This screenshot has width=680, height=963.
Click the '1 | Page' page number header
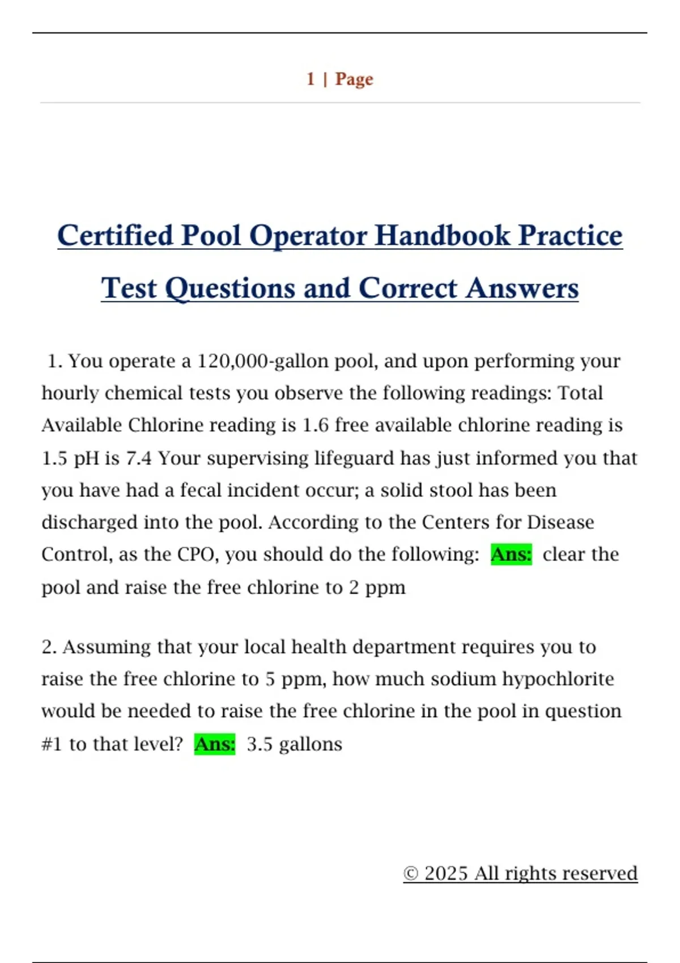click(x=339, y=79)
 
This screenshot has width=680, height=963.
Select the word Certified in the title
click(x=115, y=236)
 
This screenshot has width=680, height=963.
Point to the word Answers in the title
click(x=522, y=288)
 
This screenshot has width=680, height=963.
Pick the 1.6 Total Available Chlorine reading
click(x=315, y=425)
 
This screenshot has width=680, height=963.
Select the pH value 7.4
click(x=139, y=458)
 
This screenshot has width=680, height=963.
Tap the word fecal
click(x=201, y=490)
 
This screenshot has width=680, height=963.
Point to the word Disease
click(x=560, y=522)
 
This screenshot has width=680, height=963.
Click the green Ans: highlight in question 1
click(x=511, y=554)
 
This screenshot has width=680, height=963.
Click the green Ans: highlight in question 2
click(x=214, y=744)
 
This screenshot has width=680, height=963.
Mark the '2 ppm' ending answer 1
click(x=377, y=587)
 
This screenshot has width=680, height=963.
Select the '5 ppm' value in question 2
click(x=295, y=679)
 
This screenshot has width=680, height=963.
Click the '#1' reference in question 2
click(x=52, y=744)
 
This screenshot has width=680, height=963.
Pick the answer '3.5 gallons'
click(x=294, y=744)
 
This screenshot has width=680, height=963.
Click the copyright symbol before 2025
click(x=411, y=873)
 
